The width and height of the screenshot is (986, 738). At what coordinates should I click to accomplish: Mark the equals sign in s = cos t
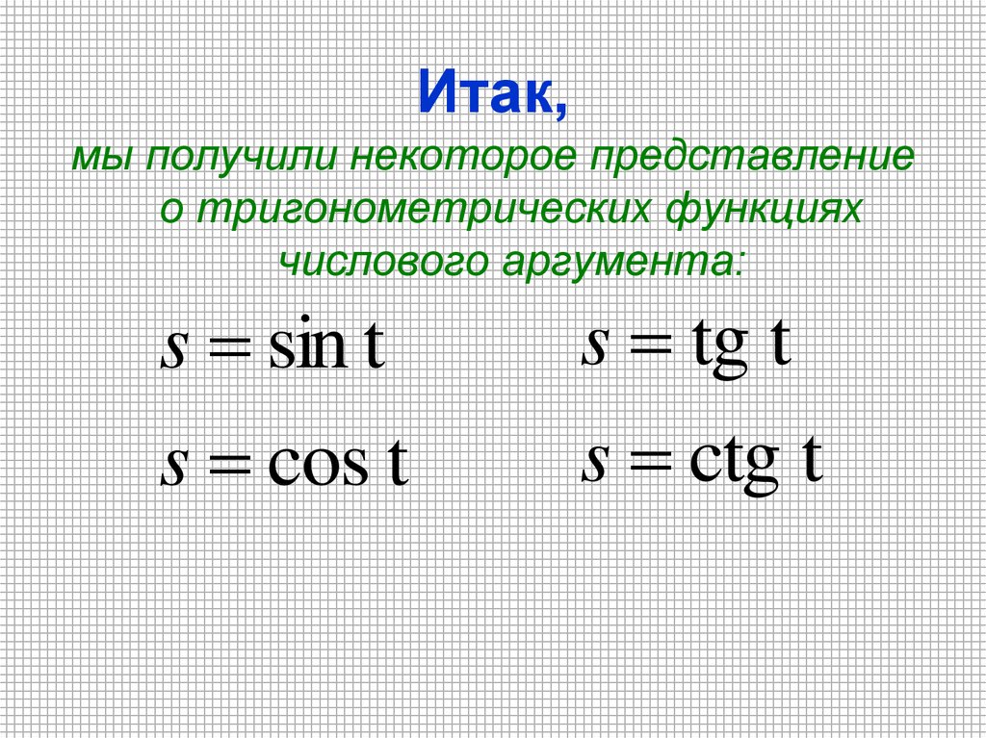[x=227, y=467]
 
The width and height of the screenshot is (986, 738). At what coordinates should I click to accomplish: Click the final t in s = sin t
[x=375, y=349]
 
